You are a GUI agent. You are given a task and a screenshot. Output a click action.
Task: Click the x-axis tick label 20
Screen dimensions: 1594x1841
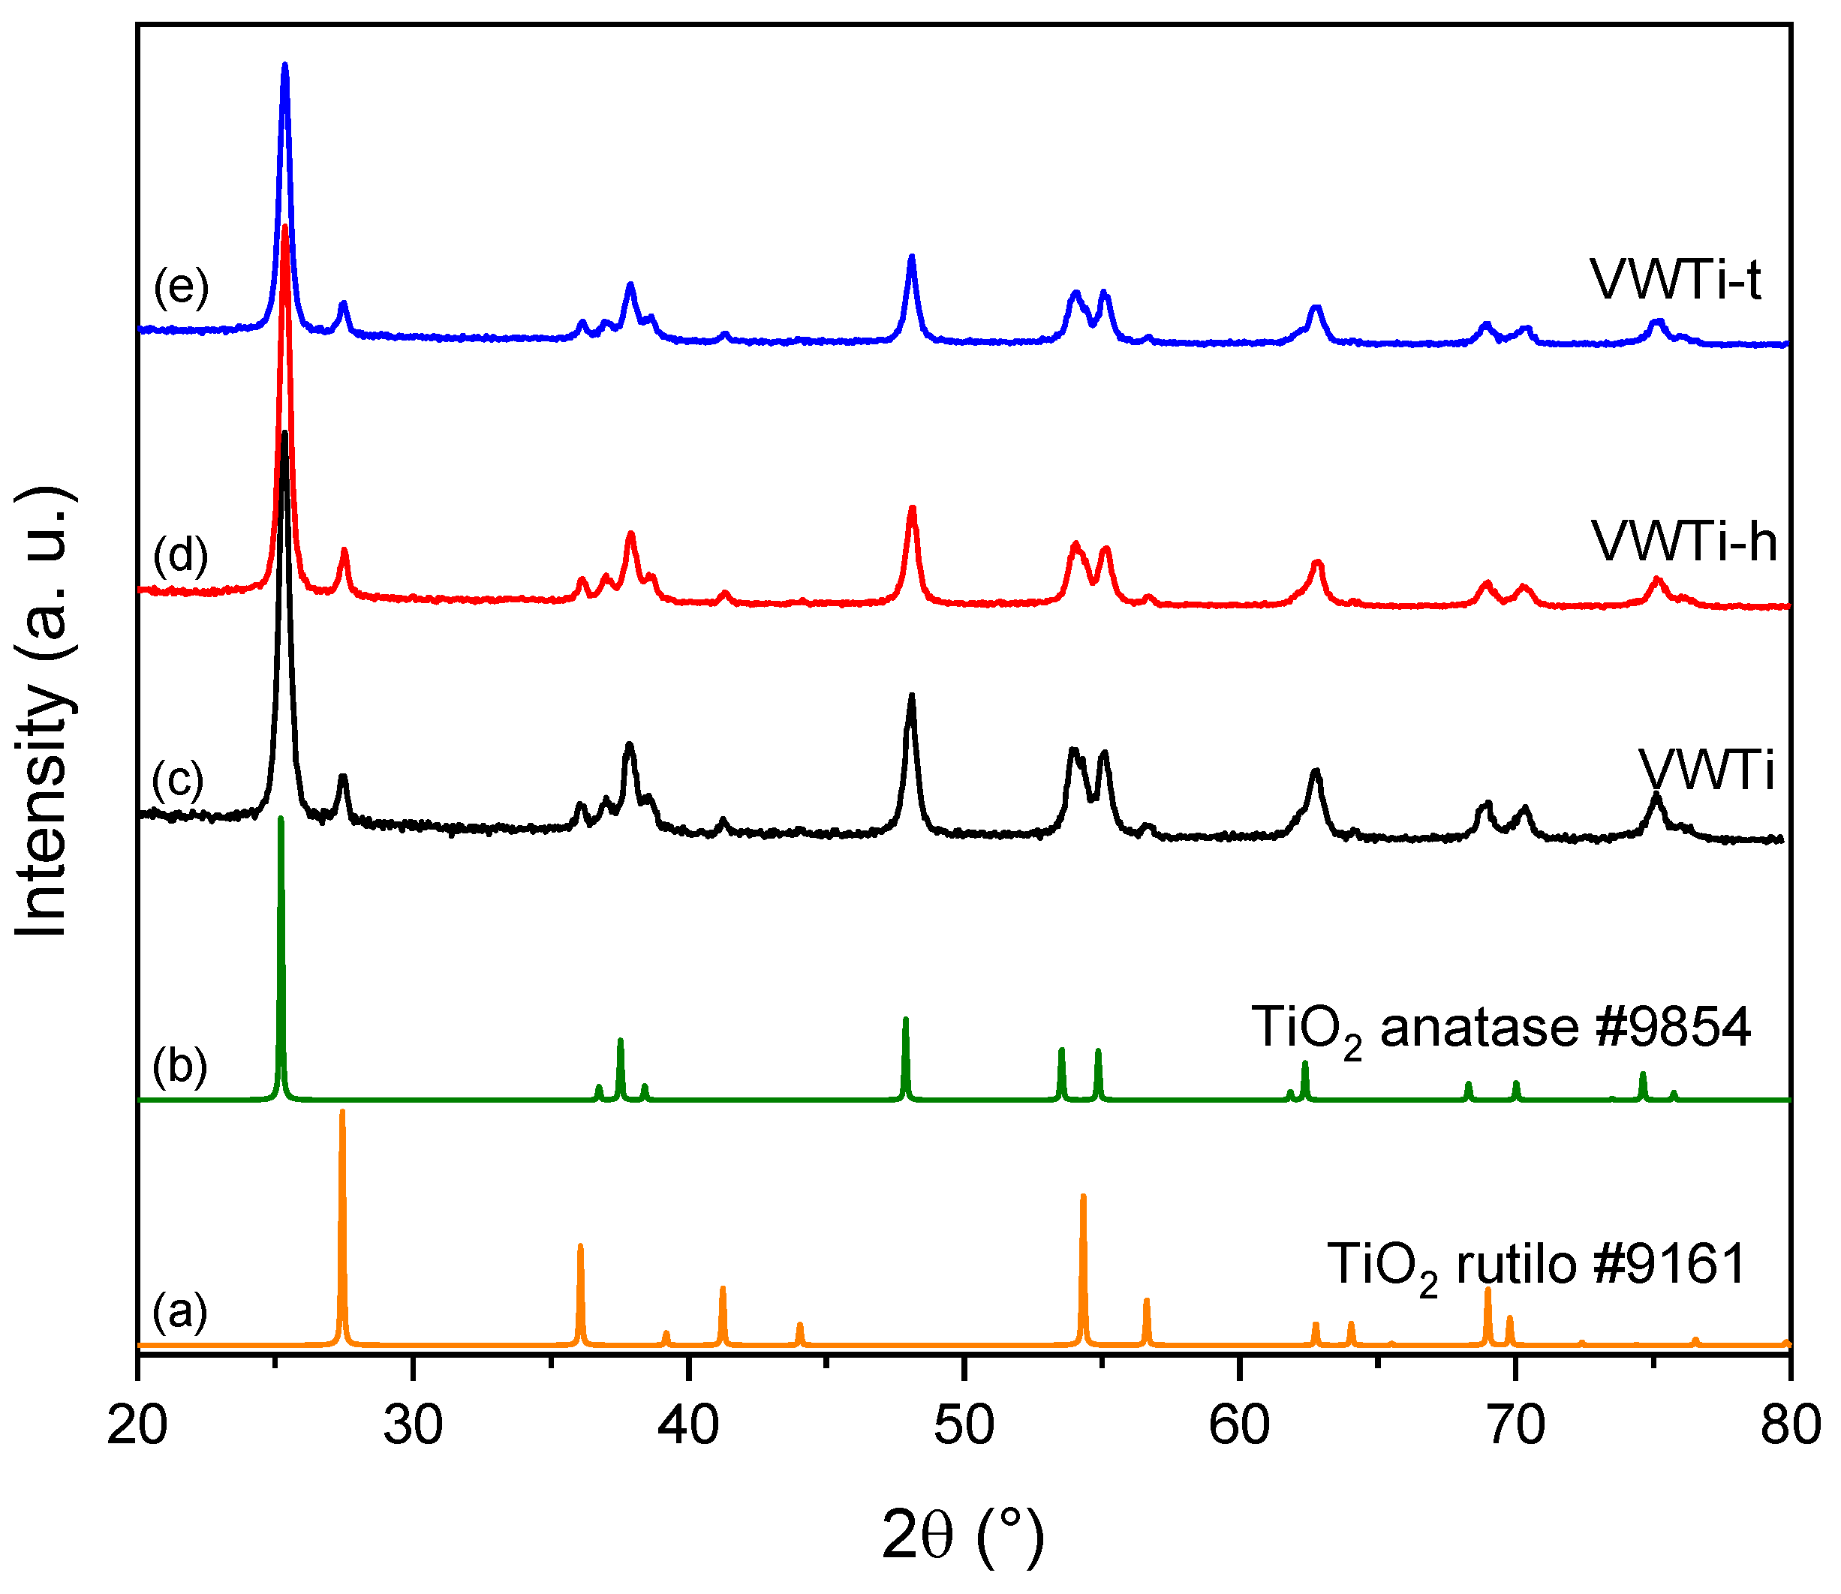(137, 1427)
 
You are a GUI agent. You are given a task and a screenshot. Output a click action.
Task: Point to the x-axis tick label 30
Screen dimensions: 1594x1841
(412, 1427)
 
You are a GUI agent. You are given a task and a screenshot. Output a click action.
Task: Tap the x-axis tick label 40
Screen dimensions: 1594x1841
(687, 1427)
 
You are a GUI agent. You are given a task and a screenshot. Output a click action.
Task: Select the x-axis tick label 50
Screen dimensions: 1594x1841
(964, 1427)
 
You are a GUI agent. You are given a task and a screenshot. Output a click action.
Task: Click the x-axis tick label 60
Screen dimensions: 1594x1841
(1240, 1427)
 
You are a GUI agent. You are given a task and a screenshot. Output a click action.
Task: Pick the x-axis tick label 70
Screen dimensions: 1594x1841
(1515, 1427)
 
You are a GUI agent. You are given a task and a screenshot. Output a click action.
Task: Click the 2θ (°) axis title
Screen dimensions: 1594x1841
(963, 1536)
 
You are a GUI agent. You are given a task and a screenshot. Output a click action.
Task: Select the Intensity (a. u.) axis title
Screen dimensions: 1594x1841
(43, 712)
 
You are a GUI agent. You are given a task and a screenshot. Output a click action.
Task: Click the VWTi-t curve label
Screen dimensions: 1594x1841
(1675, 281)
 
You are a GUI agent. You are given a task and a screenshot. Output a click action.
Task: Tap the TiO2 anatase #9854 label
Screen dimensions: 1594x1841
(1501, 1029)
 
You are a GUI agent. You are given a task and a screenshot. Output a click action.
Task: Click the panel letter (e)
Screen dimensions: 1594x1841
(181, 287)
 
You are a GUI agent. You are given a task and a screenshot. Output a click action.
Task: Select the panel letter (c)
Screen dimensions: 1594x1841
(178, 779)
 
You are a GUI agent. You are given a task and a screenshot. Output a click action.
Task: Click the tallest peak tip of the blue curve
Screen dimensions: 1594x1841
(284, 65)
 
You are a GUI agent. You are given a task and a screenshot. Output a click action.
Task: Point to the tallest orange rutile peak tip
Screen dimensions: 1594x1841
(341, 1112)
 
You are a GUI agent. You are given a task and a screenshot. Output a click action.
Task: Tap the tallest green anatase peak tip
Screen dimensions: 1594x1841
(281, 818)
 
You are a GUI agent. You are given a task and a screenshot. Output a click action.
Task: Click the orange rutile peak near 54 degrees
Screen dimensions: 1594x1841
(1083, 1197)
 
